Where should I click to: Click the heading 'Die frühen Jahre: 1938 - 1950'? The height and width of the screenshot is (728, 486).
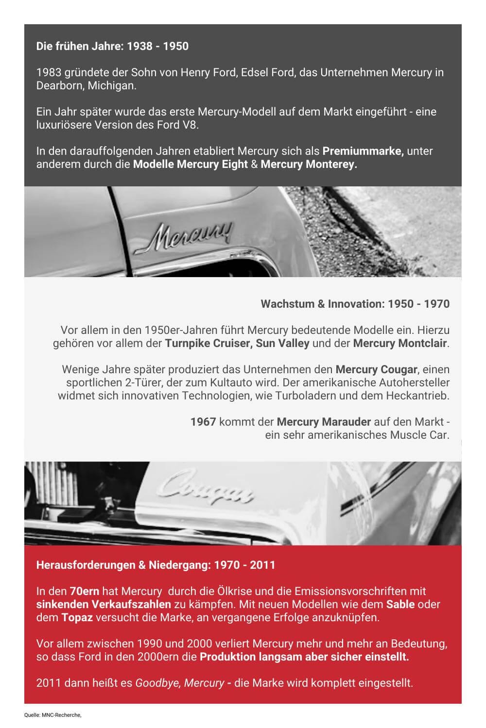112,46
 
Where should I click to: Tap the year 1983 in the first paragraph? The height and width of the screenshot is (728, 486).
49,72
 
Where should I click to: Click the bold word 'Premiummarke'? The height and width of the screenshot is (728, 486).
363,151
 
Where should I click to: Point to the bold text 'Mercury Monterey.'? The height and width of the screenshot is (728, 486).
309,164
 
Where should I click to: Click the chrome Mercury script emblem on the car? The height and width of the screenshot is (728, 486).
189,235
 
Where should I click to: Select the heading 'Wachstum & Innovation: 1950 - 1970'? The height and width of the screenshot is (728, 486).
355,304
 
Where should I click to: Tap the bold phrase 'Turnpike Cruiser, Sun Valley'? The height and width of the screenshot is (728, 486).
237,343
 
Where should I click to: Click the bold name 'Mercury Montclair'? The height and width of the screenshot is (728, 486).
399,343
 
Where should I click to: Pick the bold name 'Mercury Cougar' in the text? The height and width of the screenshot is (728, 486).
376,369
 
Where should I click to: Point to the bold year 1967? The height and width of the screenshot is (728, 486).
203,422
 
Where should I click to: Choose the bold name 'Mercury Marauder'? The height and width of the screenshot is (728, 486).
324,422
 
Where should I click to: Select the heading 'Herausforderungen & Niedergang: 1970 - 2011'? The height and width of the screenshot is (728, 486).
156,565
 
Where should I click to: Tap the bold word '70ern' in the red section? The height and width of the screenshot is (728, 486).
84,591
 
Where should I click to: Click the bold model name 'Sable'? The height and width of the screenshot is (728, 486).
400,604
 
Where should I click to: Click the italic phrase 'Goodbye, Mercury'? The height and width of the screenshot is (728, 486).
179,683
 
